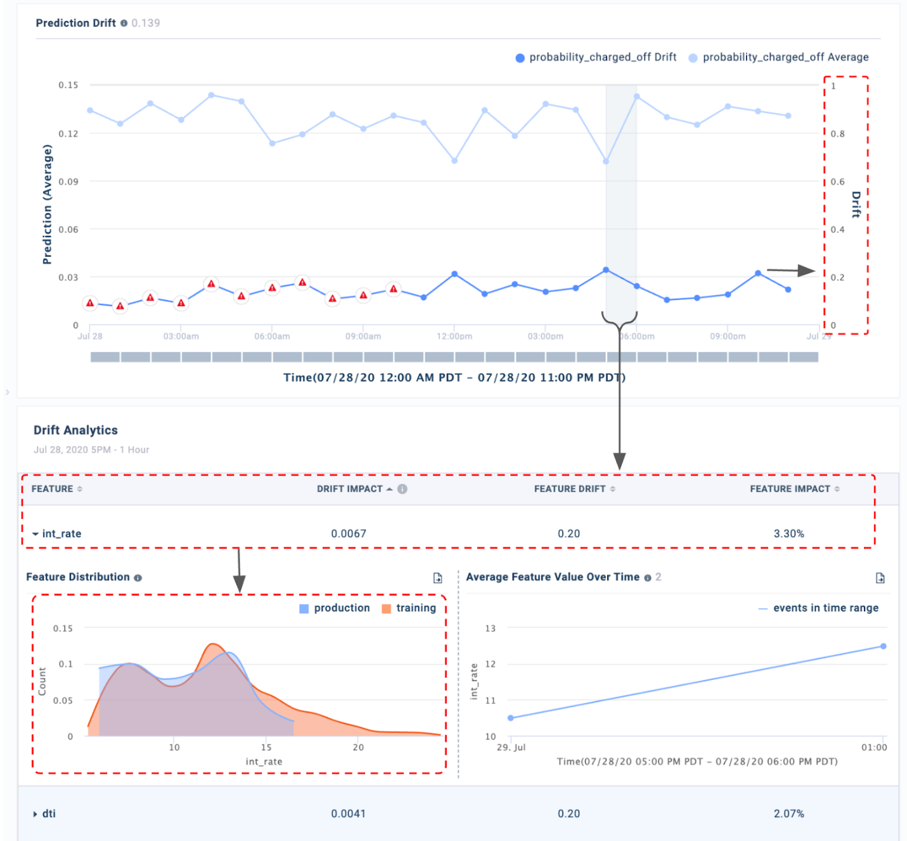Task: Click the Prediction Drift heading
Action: coord(75,23)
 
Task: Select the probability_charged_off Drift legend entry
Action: coord(602,57)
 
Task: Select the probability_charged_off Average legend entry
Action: coord(785,57)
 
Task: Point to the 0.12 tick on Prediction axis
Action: coord(68,133)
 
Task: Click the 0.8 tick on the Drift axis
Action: coord(837,133)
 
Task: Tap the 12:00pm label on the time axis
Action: coord(454,336)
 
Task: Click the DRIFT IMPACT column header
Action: coord(350,489)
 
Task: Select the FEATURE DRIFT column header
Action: coord(569,489)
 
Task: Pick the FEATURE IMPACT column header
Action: coord(790,489)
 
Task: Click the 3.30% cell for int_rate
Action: coord(788,533)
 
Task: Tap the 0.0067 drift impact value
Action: coord(349,533)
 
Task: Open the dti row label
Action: coord(49,813)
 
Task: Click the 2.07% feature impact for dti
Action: coord(788,813)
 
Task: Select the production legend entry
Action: coord(341,608)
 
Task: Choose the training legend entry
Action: coord(415,608)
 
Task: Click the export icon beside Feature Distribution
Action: coord(437,578)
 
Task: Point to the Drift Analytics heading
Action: coord(75,430)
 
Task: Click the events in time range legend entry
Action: coord(825,608)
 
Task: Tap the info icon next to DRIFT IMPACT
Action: coord(402,489)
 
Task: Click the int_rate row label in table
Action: coord(61,533)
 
